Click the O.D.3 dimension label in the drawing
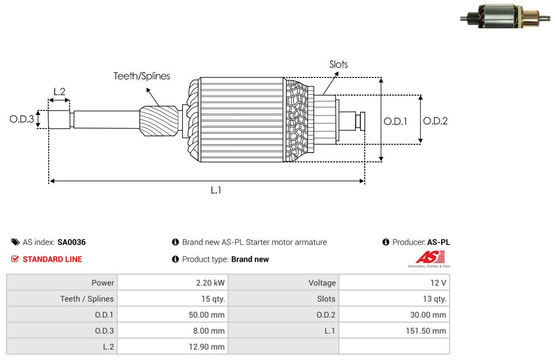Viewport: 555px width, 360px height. click(x=22, y=119)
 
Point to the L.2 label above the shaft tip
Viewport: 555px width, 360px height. click(x=59, y=92)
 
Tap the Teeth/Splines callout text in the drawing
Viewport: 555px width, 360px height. click(x=142, y=76)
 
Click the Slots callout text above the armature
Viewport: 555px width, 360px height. click(x=338, y=64)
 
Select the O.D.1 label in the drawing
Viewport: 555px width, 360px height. click(x=395, y=122)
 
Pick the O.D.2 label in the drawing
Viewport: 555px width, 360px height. click(x=435, y=121)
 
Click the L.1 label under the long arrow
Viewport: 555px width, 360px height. click(x=216, y=191)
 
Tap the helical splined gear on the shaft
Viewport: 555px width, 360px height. click(x=159, y=121)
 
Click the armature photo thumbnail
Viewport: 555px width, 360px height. click(x=505, y=16)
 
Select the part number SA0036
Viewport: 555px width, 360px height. click(x=71, y=242)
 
